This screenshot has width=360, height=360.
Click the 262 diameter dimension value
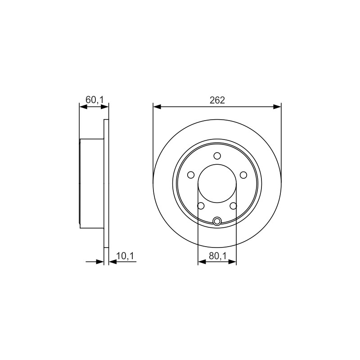(x=217, y=100)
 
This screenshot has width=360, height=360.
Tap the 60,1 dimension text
(x=95, y=100)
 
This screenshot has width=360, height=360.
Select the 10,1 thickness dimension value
(x=125, y=256)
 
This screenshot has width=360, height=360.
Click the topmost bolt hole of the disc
(x=217, y=156)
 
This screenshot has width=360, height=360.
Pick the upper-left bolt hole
(x=191, y=175)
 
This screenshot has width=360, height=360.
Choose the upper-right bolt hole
(x=243, y=175)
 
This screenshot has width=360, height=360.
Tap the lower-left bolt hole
(x=201, y=206)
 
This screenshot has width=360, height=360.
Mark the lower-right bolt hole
(x=233, y=206)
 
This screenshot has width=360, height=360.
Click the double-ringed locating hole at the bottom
(x=217, y=221)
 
